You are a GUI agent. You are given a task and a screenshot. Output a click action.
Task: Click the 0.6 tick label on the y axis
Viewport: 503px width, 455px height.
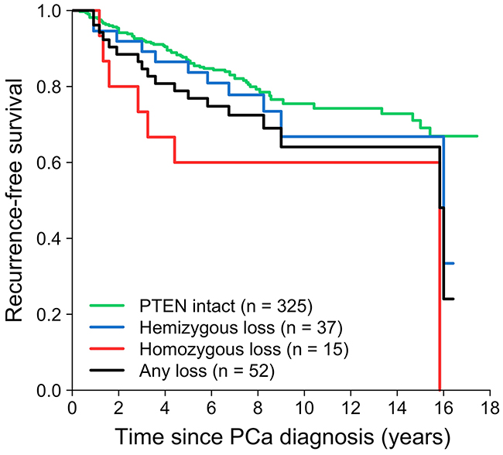click(49, 162)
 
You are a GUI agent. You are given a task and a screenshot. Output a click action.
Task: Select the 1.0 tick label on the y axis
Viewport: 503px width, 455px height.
click(49, 11)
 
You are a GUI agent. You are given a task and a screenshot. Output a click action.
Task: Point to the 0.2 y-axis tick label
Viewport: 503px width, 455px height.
click(49, 315)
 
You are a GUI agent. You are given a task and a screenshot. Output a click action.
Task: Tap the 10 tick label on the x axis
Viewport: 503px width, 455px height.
click(304, 408)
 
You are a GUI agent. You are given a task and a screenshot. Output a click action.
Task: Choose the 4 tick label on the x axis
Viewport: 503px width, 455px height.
click(165, 408)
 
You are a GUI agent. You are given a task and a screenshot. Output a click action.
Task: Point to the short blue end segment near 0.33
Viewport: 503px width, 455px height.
click(449, 263)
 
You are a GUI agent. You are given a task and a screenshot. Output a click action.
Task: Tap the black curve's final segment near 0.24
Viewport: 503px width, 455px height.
click(448, 299)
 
